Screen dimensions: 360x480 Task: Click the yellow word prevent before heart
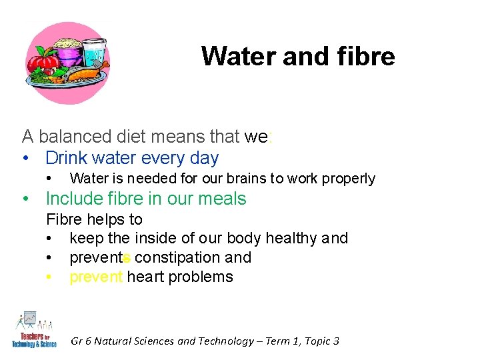(96, 277)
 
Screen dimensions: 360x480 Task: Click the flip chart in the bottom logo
(29, 319)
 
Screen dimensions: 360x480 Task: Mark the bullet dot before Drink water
(25, 159)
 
